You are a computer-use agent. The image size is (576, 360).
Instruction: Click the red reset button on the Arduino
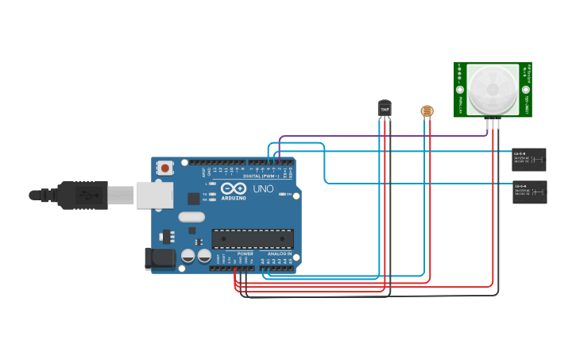click(x=165, y=168)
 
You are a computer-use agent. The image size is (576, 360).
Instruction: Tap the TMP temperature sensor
click(x=385, y=109)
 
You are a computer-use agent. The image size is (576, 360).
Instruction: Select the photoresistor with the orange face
click(x=427, y=111)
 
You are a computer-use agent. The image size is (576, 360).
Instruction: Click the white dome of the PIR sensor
click(x=492, y=88)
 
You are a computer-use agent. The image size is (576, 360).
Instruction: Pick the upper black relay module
click(x=529, y=159)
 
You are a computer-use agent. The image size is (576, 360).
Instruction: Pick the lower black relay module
click(x=529, y=192)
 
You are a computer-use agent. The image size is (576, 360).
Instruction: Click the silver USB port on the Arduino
click(x=154, y=195)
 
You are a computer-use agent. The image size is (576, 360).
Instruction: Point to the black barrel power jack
click(x=159, y=257)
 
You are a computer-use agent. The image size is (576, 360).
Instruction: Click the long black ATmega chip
click(x=252, y=238)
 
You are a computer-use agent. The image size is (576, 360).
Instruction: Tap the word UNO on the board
click(x=263, y=189)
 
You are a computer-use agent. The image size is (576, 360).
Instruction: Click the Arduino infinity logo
click(x=234, y=189)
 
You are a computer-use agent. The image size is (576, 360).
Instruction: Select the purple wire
click(x=381, y=136)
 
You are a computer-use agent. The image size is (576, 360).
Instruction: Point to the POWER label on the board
click(x=245, y=254)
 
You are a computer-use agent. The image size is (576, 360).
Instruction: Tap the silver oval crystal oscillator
click(x=191, y=216)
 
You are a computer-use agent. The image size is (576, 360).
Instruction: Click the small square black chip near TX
click(x=193, y=199)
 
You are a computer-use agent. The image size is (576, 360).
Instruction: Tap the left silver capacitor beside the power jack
click(x=188, y=256)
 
